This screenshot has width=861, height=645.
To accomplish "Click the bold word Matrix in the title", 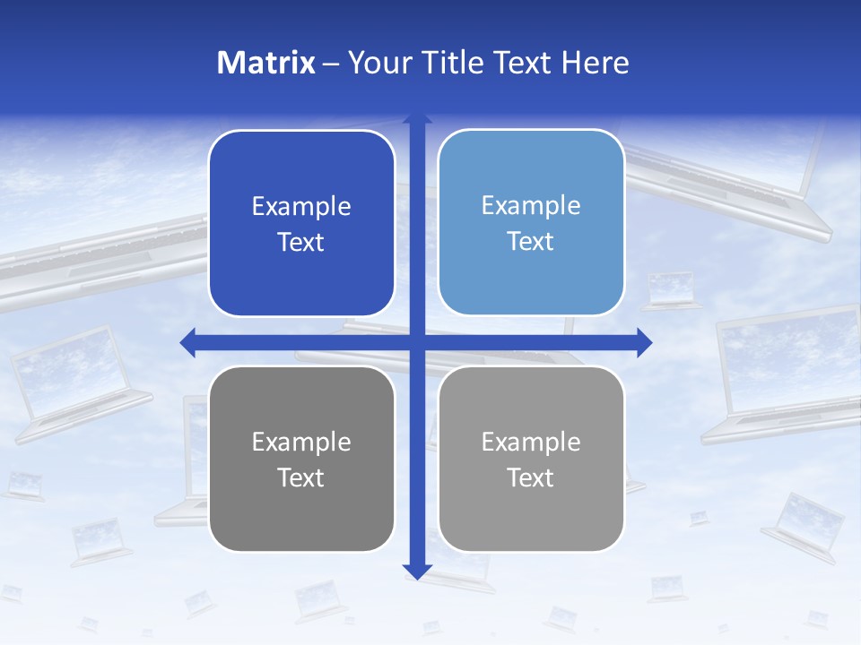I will [266, 63].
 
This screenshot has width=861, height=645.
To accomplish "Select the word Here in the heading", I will [595, 63].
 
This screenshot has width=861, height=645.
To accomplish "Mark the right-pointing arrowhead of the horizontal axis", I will [643, 342].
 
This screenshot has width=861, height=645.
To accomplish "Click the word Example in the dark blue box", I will [301, 207].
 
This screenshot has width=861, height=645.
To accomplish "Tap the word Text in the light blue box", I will [531, 242].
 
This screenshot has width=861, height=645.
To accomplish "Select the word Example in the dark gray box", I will [301, 443].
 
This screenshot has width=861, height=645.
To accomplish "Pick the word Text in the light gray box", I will [531, 477].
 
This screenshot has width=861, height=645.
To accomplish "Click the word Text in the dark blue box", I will [301, 243].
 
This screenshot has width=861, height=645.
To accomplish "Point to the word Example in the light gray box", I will [531, 442].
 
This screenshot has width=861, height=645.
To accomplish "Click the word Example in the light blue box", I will [531, 206].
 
